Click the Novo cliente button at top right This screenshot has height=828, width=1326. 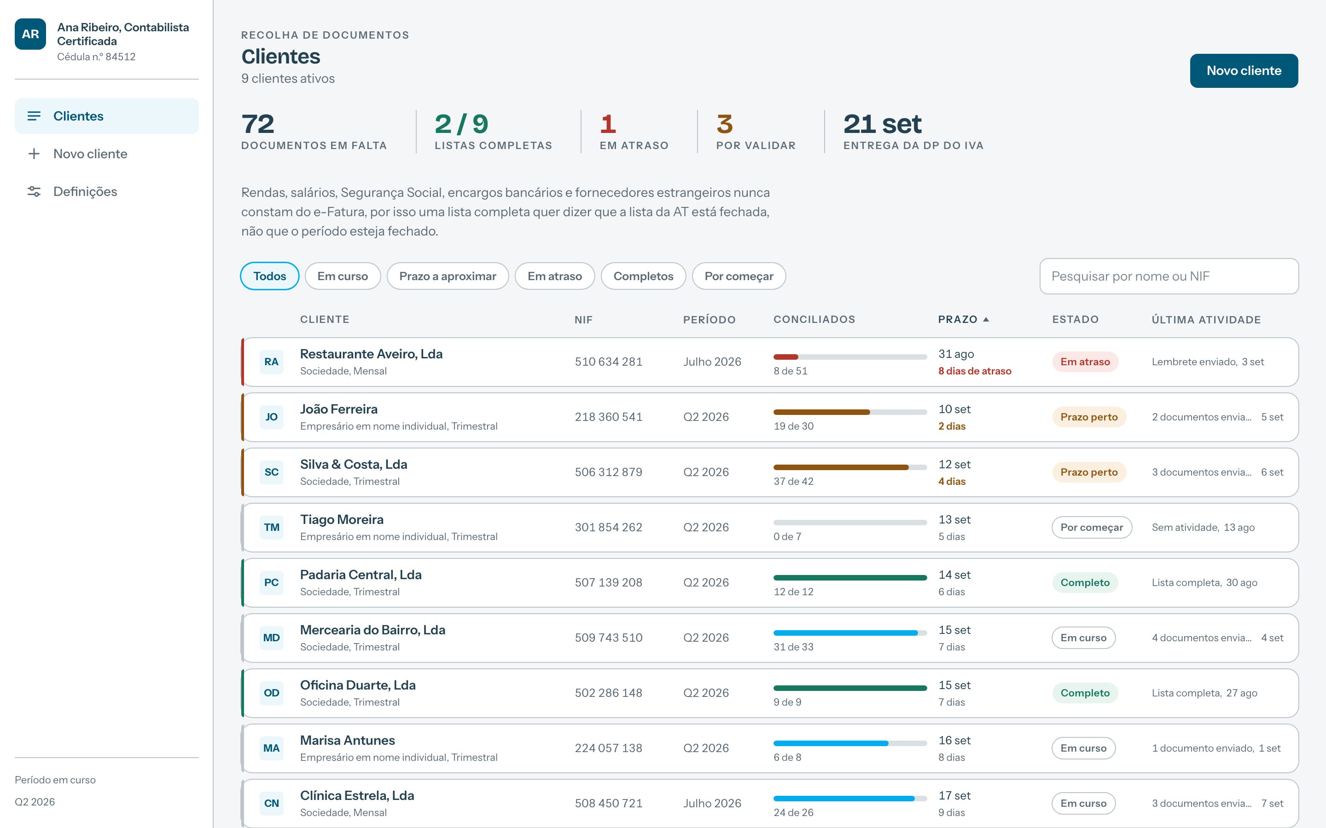1243,71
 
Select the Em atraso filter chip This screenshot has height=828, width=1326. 554,276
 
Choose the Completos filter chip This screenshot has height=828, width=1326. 643,276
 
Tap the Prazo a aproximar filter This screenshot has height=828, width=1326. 448,276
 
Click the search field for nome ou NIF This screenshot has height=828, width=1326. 1169,276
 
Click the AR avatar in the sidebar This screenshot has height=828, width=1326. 30,34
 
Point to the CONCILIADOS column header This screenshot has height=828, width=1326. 814,319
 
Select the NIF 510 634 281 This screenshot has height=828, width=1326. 608,362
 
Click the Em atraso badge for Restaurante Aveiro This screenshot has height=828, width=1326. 1085,362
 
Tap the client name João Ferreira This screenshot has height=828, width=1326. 338,409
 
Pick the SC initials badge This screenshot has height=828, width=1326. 271,472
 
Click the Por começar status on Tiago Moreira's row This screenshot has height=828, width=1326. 1092,527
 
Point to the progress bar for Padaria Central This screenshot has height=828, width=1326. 850,577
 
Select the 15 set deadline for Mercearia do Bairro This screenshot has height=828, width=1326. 954,630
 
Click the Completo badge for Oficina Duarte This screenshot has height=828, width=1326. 1085,693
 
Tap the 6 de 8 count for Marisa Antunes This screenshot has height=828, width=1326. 787,757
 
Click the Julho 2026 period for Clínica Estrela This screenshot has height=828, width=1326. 712,803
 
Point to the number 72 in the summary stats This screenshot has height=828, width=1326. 257,124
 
